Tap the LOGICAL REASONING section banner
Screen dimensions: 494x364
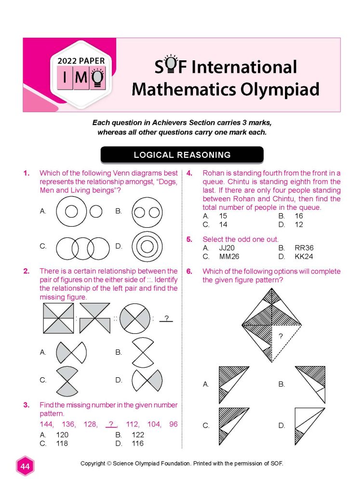click(x=182, y=155)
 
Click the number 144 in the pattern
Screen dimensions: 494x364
click(x=47, y=425)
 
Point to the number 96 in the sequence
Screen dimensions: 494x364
click(x=173, y=425)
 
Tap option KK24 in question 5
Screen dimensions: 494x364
click(x=304, y=257)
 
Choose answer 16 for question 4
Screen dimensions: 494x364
click(x=299, y=216)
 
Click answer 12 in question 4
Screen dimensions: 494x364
click(x=299, y=225)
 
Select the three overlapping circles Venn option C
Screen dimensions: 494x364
click(x=82, y=246)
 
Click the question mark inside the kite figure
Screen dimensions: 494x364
click(x=281, y=336)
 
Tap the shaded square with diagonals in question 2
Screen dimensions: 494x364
click(x=59, y=319)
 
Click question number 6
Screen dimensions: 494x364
click(x=189, y=271)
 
